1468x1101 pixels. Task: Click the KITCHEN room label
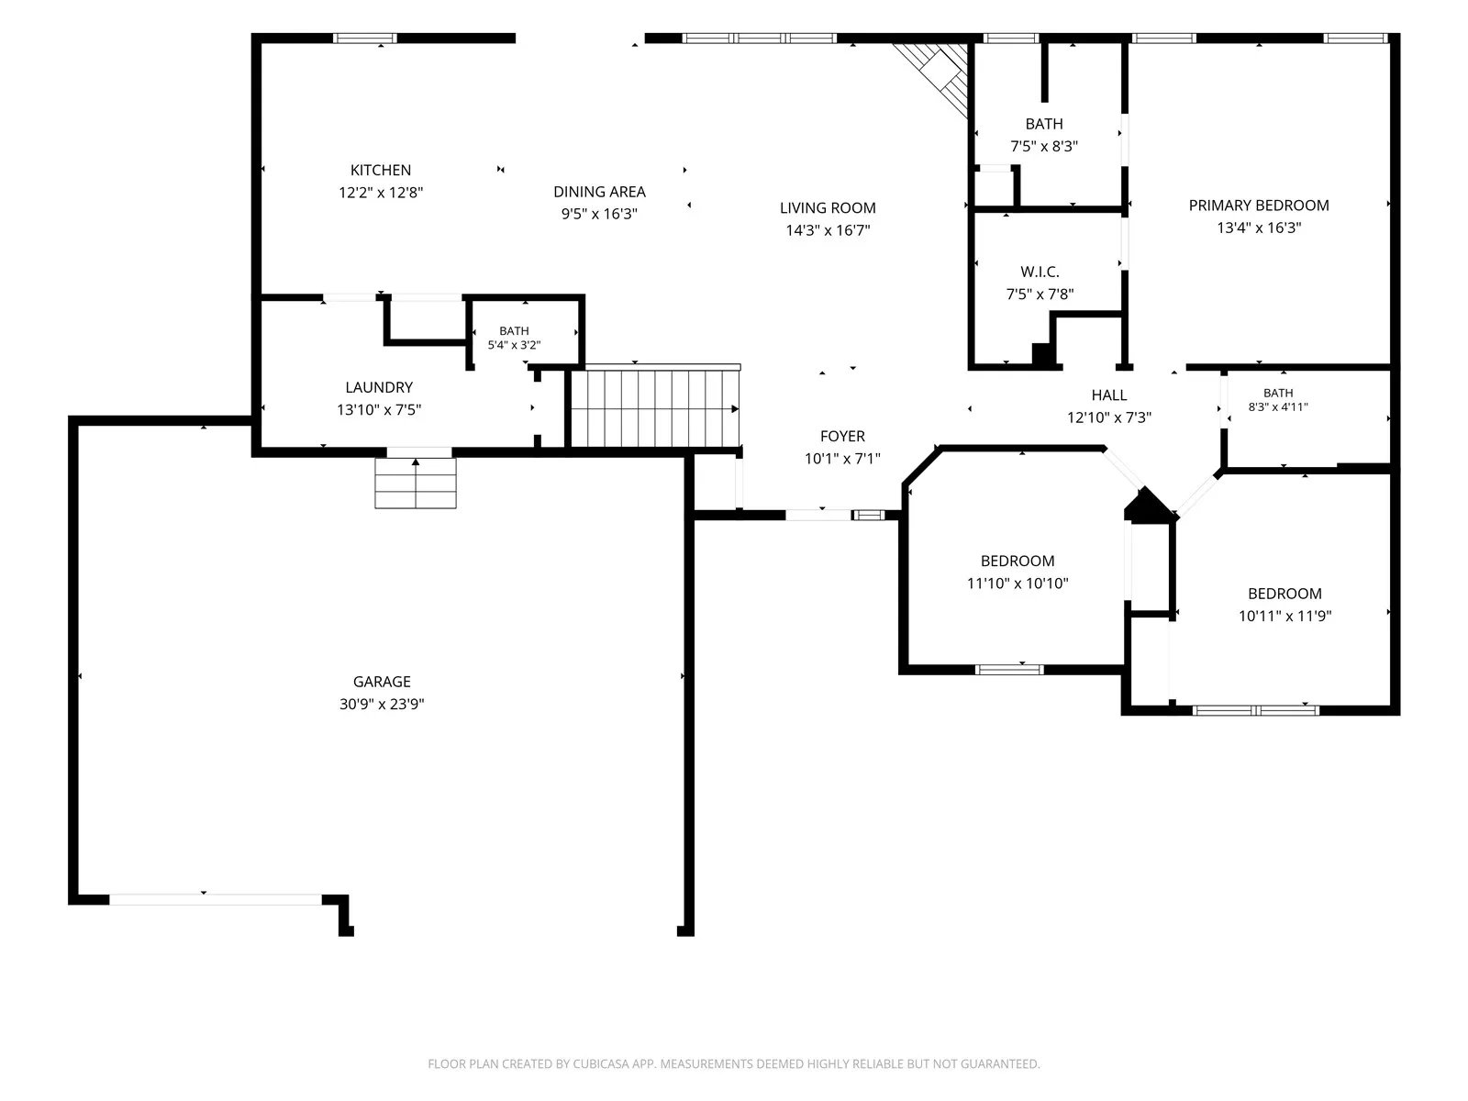(381, 171)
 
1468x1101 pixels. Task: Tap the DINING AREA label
(599, 192)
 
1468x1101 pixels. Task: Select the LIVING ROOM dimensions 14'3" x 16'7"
(828, 230)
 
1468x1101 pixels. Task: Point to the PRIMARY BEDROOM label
(1259, 206)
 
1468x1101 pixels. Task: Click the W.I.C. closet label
(1040, 272)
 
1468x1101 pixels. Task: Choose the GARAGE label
(382, 682)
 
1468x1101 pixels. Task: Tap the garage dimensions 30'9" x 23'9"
(382, 704)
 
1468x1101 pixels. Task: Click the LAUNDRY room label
(379, 388)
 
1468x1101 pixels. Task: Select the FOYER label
(842, 437)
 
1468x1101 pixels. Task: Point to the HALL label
(1109, 395)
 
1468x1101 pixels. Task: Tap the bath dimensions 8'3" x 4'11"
(1278, 406)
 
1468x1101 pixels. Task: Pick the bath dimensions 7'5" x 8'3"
(1044, 147)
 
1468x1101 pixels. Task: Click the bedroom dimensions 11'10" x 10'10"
(1018, 584)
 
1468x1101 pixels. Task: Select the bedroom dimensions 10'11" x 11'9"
(1284, 617)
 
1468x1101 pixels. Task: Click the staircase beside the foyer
(655, 407)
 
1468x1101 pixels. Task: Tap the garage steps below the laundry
(416, 483)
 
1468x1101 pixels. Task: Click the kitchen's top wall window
(364, 39)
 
